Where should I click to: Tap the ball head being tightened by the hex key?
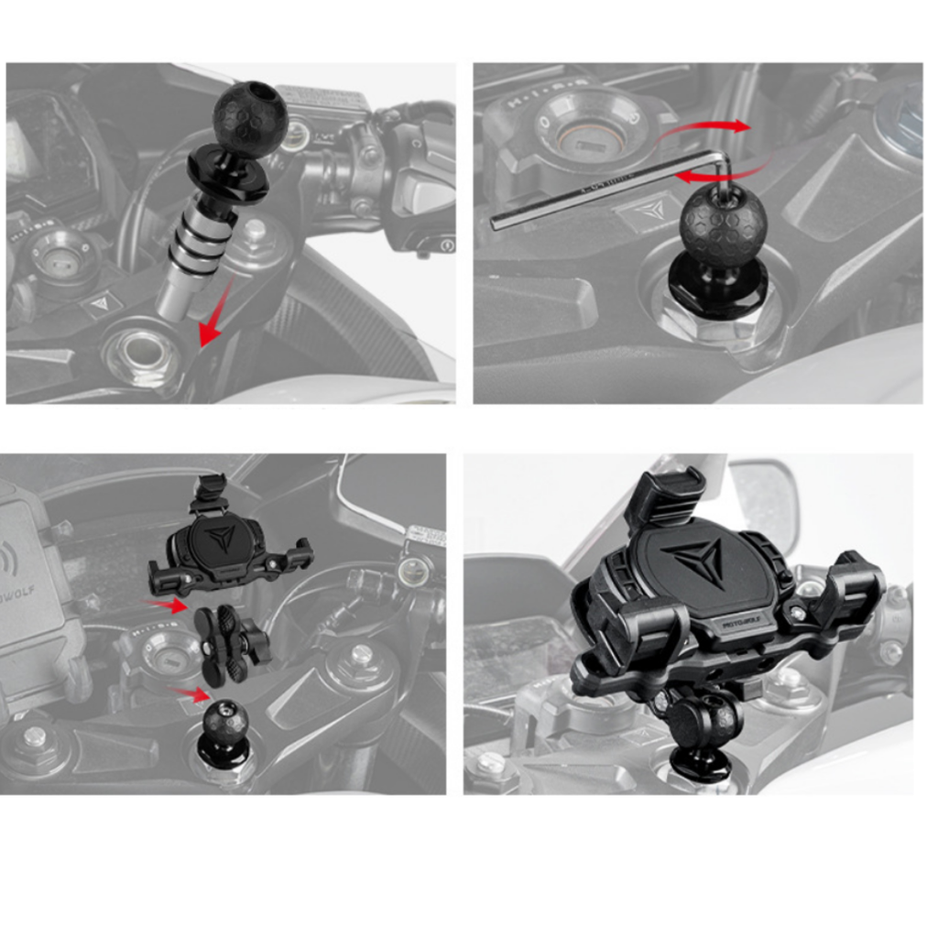[723, 224]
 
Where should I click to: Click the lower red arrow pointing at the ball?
[192, 693]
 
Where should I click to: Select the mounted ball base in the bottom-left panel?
[224, 733]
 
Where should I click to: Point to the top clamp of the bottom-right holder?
[667, 499]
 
